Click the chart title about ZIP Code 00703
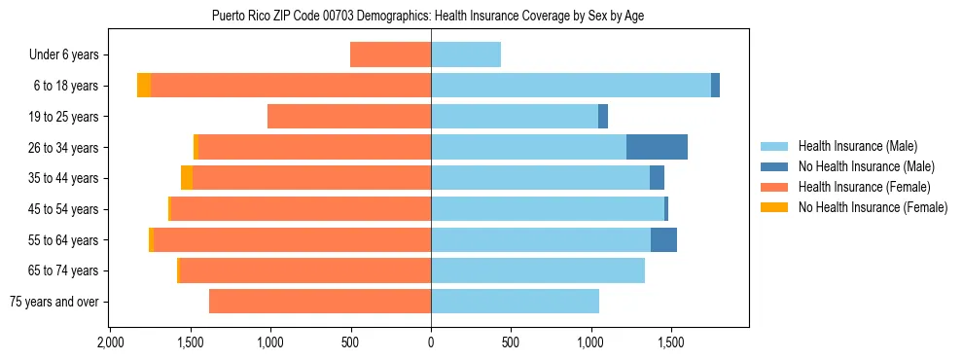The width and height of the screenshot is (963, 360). (x=428, y=16)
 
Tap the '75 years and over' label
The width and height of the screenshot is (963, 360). (x=54, y=302)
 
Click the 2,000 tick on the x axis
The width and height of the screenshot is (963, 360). (x=110, y=343)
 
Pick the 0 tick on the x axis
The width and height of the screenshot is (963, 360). (x=431, y=343)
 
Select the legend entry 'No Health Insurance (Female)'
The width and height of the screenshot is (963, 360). (x=872, y=207)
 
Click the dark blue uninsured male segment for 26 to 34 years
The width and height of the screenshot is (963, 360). (x=657, y=147)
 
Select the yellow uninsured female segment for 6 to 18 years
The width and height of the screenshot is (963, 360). (x=144, y=86)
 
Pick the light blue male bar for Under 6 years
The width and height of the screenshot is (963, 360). (x=466, y=54)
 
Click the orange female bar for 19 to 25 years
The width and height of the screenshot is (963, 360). (x=349, y=117)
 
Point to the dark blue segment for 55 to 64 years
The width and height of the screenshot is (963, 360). (x=663, y=239)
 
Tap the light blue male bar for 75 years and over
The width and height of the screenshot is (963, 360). (x=515, y=302)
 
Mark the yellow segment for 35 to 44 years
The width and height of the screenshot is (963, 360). (x=187, y=178)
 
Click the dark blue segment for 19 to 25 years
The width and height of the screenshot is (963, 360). (x=603, y=117)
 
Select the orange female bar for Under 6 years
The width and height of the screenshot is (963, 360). (x=390, y=54)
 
